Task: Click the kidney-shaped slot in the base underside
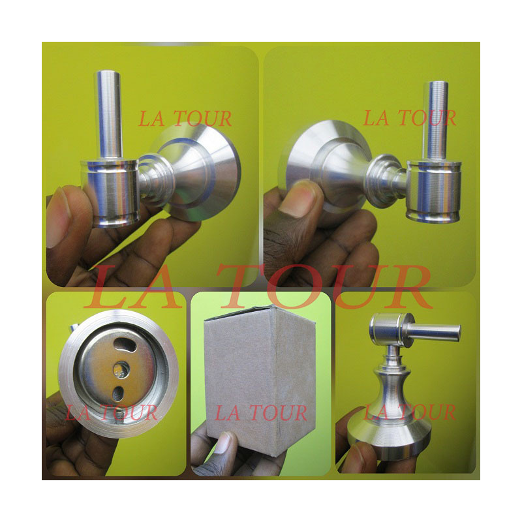[125, 345]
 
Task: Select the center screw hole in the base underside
[121, 369]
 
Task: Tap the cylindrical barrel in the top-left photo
[110, 192]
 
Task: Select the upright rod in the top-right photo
[435, 121]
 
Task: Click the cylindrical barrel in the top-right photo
[433, 191]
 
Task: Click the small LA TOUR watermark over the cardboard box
[261, 413]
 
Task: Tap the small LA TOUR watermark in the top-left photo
[185, 119]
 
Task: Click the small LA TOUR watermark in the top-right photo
[410, 118]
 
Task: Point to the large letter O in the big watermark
[292, 286]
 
